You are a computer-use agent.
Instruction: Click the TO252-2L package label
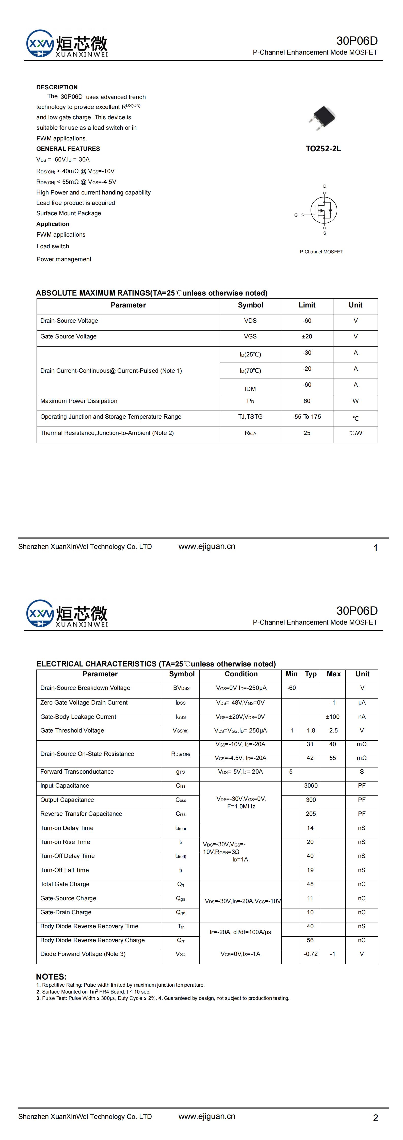[x=323, y=149]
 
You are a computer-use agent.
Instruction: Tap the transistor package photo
[x=323, y=117]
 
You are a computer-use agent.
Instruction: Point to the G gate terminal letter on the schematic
[x=296, y=215]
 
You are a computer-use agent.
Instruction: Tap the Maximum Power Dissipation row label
[x=79, y=401]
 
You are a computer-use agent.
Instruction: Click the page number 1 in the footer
[x=376, y=548]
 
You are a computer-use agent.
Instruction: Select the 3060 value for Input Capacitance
[x=311, y=786]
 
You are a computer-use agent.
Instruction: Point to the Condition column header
[x=241, y=674]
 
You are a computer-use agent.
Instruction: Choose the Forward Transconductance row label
[x=77, y=771]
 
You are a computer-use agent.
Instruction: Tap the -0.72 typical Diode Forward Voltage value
[x=311, y=954]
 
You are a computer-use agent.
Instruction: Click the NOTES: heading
[x=51, y=977]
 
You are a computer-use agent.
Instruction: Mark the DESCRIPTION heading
[x=57, y=87]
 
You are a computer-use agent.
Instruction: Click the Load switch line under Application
[x=53, y=247]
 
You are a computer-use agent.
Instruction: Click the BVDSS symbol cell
[x=181, y=688]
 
